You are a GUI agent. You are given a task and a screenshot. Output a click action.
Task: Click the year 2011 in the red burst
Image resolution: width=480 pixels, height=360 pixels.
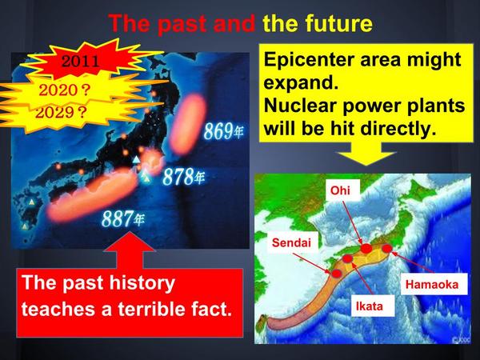click(81, 62)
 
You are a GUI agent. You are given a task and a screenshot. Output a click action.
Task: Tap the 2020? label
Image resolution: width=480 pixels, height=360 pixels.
click(65, 90)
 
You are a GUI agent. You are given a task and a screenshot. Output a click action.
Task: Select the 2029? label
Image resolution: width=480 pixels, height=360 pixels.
click(61, 113)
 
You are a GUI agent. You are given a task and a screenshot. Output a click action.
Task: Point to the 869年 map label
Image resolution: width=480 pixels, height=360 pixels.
click(224, 131)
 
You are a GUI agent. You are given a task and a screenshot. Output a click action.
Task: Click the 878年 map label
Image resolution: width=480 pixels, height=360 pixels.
click(184, 177)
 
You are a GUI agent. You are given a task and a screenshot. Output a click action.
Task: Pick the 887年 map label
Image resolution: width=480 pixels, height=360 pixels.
click(123, 218)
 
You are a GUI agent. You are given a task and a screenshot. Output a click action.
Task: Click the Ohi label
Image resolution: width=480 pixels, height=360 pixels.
click(340, 190)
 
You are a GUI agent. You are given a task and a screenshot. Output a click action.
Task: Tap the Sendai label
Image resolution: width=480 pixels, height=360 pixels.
click(291, 242)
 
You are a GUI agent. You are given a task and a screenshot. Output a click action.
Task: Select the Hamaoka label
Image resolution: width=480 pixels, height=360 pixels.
click(432, 284)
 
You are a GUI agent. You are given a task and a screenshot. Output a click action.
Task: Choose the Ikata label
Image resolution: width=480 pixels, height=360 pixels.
click(370, 306)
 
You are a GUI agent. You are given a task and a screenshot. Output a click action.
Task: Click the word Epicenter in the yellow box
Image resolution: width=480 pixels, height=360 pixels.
click(310, 60)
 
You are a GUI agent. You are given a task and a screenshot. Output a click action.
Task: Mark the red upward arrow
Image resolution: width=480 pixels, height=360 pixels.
click(130, 250)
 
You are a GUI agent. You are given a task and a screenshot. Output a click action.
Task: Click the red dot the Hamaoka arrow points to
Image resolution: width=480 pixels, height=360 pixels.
click(387, 249)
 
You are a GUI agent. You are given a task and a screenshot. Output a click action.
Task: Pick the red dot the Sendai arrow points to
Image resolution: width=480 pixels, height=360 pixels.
click(337, 274)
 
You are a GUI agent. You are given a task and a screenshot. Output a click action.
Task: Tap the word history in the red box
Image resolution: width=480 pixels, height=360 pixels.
click(142, 283)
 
